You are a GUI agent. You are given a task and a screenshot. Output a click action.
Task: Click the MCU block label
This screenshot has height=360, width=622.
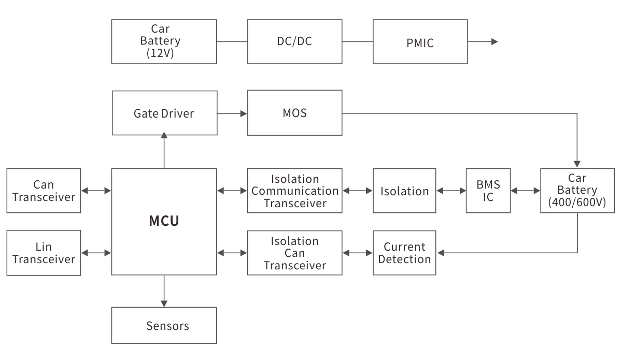point(164,221)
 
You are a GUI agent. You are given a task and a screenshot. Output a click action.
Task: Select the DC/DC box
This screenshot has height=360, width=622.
point(294,41)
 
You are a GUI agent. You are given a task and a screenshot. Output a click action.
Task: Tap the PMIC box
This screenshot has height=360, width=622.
point(420,42)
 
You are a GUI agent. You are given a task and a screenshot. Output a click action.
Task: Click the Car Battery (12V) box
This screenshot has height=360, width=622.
point(164,41)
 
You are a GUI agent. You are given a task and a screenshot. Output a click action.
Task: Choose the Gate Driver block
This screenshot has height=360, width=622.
point(164,113)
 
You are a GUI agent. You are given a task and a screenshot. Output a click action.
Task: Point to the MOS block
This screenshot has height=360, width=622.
point(294,112)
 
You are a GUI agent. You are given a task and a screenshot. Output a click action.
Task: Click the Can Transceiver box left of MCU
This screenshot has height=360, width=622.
point(44,191)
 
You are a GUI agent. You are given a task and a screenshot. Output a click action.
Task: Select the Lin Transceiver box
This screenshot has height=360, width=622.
point(44,253)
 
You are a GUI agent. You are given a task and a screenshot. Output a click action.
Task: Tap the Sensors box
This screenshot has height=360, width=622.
point(164,325)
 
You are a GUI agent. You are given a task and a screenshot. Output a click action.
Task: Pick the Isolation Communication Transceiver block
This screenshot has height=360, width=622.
point(294,191)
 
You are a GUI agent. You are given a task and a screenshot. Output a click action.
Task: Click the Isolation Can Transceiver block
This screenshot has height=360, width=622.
point(294,253)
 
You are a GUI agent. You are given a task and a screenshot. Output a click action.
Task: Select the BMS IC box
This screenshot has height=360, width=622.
point(488,191)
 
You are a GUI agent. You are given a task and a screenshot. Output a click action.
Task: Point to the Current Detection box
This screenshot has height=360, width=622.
point(404,253)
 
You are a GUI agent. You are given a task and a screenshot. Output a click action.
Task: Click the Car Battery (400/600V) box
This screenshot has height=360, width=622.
point(577,191)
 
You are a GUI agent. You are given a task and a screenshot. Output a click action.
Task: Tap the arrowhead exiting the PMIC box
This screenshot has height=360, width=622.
point(494,42)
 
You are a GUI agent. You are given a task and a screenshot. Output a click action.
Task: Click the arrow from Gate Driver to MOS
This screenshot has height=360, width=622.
point(232,113)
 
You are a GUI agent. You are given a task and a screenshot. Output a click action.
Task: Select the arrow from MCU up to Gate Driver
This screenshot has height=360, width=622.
point(164,150)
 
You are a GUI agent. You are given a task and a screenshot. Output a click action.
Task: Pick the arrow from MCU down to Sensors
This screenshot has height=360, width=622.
point(164,291)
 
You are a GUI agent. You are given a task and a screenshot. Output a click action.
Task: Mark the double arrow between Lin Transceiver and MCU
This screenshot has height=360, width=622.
point(96,253)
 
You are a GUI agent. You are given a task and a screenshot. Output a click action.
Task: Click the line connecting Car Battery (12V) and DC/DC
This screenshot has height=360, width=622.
point(232,41)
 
